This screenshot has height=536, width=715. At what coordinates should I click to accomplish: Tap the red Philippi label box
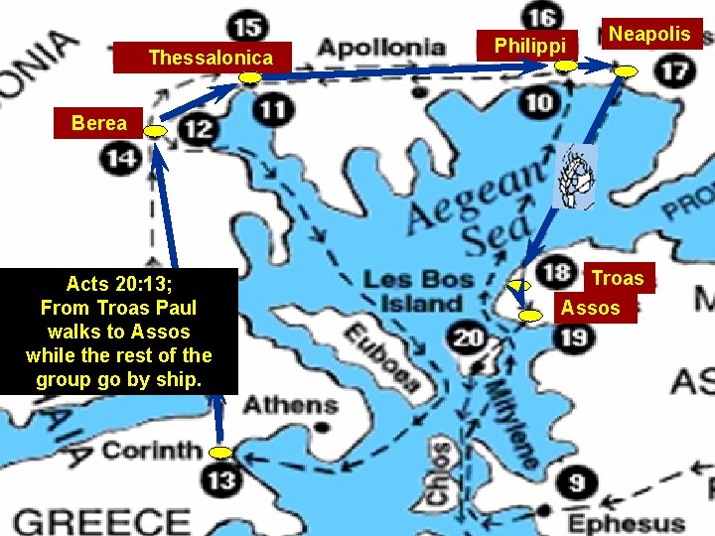(x=529, y=45)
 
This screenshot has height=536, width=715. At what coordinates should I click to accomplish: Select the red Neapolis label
(x=649, y=34)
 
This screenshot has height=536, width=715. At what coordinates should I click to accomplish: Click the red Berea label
(x=99, y=123)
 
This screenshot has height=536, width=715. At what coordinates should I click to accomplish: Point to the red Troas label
(x=618, y=279)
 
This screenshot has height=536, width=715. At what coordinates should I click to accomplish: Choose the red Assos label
(x=590, y=308)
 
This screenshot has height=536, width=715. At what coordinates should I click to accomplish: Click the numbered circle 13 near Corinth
(x=221, y=480)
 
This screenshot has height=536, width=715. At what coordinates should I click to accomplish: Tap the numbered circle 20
(x=469, y=338)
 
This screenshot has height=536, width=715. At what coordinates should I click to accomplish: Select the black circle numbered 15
(x=247, y=26)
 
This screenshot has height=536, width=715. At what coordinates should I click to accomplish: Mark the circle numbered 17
(x=675, y=70)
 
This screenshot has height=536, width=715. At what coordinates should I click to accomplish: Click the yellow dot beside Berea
(x=155, y=131)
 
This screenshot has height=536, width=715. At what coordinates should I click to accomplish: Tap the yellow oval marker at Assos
(x=531, y=316)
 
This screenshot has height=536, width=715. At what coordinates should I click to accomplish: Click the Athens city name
(x=291, y=405)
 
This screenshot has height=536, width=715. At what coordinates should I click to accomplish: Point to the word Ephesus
(x=626, y=522)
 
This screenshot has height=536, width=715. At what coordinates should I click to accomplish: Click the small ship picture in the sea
(x=574, y=177)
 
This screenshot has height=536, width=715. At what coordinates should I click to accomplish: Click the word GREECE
(x=102, y=521)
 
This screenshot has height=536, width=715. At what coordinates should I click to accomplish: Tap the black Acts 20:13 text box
(x=119, y=332)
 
